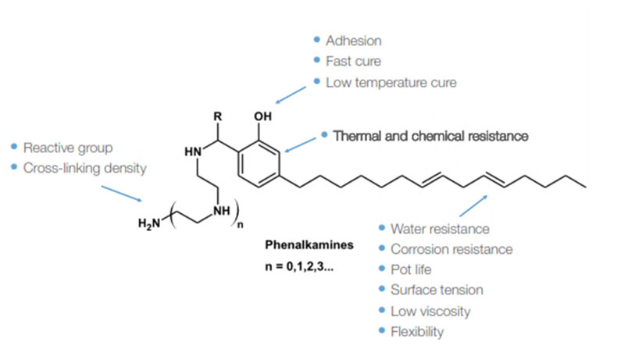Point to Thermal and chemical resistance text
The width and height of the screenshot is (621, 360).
point(431,135)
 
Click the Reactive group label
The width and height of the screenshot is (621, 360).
point(68,147)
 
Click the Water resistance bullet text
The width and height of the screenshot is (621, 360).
point(440,229)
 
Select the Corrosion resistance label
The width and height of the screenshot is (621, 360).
point(451,249)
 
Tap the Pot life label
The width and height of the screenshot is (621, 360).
point(410,269)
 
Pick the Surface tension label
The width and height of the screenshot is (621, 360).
point(437,290)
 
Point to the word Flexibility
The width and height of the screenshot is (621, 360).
point(416,331)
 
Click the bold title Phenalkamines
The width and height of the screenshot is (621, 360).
point(309,244)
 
